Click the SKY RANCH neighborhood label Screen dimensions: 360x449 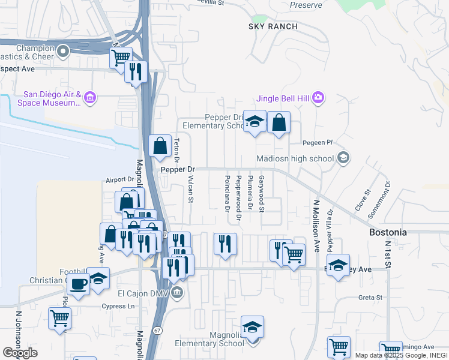[273, 27]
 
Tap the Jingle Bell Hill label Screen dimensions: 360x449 [283, 98]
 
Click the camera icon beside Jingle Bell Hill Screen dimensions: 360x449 [318, 97]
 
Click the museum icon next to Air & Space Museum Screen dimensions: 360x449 [90, 98]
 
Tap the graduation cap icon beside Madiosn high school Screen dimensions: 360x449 [343, 158]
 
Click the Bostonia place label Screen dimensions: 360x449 [388, 232]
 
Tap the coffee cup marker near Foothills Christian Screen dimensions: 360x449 [77, 284]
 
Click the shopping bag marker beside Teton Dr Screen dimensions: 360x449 [160, 146]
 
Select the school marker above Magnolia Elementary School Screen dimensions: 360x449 [252, 328]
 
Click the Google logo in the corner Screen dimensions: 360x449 [20, 353]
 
